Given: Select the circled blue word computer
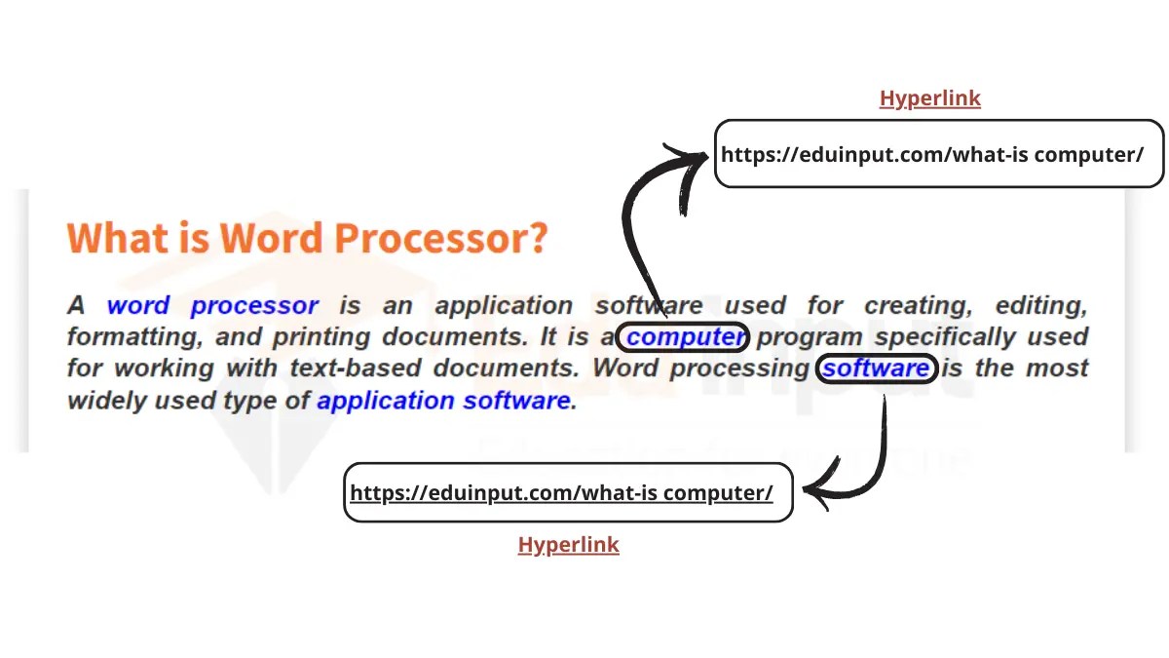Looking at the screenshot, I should pyautogui.click(x=686, y=337).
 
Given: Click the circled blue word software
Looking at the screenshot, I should pyautogui.click(x=876, y=368).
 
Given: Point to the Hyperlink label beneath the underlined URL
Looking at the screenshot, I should pyautogui.click(x=568, y=545).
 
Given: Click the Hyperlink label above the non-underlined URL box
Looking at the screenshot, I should pyautogui.click(x=929, y=98).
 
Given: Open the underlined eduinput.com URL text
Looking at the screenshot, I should pyautogui.click(x=561, y=492).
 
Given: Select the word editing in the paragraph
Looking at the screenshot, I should pyautogui.click(x=1039, y=306).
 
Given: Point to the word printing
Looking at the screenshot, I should pyautogui.click(x=321, y=338).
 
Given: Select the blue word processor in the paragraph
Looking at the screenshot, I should pyautogui.click(x=254, y=306).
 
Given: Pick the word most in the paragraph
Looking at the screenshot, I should pyautogui.click(x=1053, y=368).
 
